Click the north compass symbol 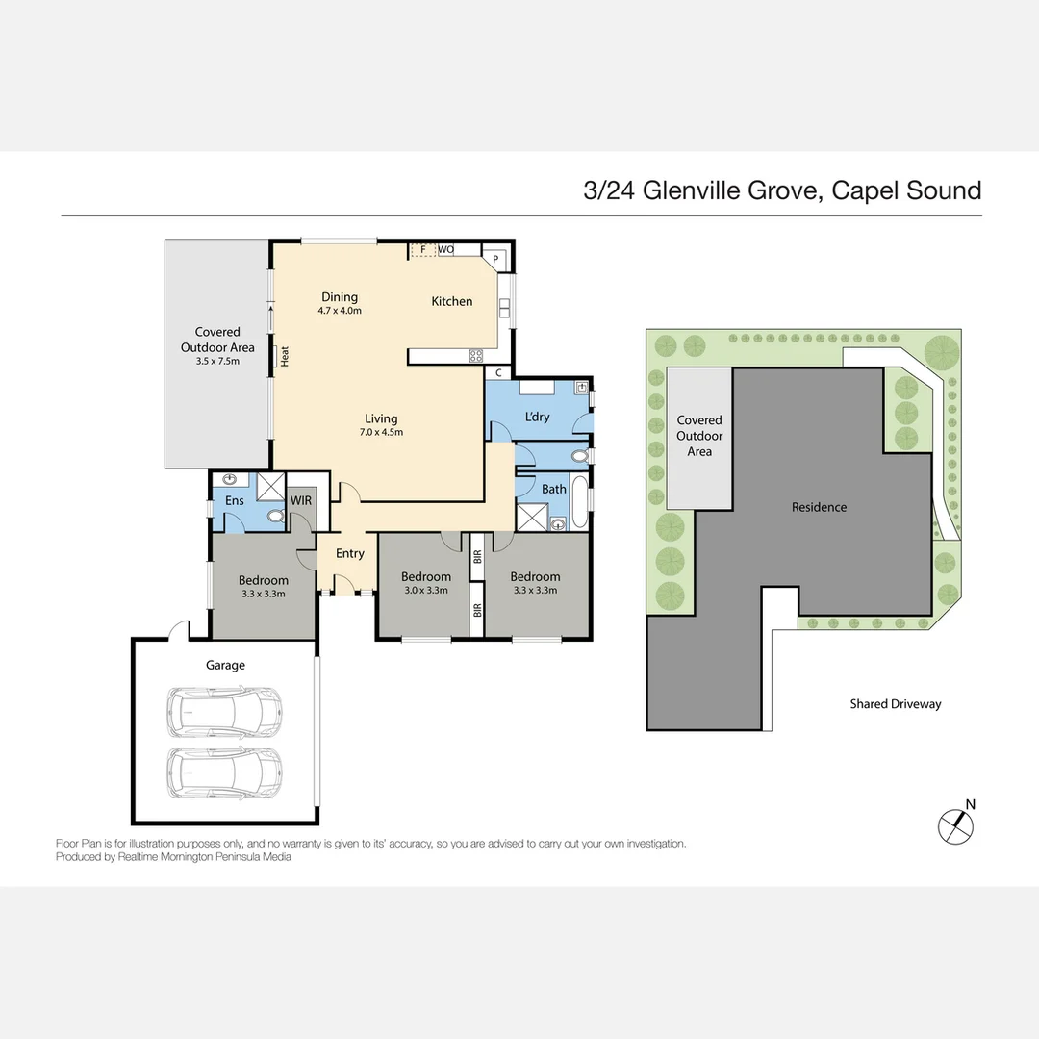[956, 823]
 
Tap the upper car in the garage [224, 711]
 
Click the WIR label [300, 500]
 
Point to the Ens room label [235, 500]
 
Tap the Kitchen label [451, 301]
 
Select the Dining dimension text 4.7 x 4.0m [339, 311]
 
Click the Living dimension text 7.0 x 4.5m [381, 432]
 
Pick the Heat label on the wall [285, 356]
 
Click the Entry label [349, 553]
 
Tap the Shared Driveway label [895, 704]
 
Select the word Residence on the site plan [819, 507]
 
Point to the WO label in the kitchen [445, 250]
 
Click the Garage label [225, 665]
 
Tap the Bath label [554, 489]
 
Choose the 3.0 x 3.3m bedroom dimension [425, 591]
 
